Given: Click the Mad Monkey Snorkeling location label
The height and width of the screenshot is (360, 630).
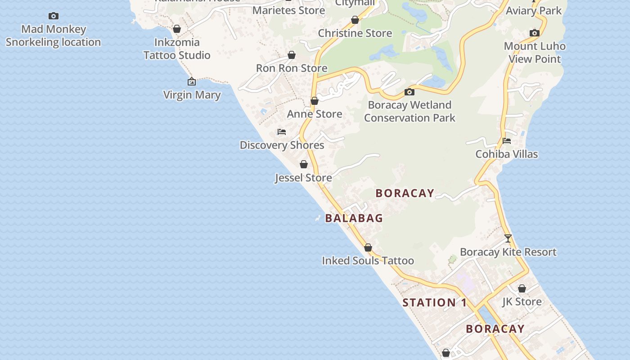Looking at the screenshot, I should point(53,36).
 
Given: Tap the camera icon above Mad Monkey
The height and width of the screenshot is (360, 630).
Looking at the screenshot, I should point(54,16).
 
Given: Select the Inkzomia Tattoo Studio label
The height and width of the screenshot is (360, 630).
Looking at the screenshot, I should point(177,49).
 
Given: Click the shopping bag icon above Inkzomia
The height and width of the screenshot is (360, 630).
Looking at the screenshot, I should point(177,29).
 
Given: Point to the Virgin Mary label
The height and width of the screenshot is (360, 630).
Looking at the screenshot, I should point(192,95).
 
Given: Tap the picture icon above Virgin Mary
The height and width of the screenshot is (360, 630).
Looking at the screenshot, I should point(192,81).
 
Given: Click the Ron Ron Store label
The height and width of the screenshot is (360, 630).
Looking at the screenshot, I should point(292,68).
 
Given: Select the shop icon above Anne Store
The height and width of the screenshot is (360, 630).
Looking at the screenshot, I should point(315,101).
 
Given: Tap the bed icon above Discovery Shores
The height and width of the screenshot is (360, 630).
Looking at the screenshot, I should point(282,132).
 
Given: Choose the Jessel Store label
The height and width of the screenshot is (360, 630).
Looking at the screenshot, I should point(303,178).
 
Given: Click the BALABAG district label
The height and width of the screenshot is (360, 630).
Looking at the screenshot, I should point(354,218).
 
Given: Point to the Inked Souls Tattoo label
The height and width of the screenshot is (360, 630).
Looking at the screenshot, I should point(368,261).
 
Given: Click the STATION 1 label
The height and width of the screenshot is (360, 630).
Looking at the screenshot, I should point(435,303).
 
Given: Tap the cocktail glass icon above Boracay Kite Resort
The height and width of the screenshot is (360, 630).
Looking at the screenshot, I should point(508,238).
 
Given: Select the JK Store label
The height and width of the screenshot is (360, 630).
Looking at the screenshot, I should point(522,301).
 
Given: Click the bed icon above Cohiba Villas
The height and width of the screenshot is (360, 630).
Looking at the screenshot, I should point(507,141).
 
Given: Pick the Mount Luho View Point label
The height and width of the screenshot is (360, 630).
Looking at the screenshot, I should point(535,53).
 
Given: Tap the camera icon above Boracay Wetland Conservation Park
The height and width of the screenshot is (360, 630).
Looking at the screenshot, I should point(409,92).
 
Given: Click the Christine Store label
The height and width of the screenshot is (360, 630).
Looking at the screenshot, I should point(355,33).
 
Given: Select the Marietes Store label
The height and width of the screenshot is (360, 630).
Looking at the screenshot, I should point(288,10).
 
